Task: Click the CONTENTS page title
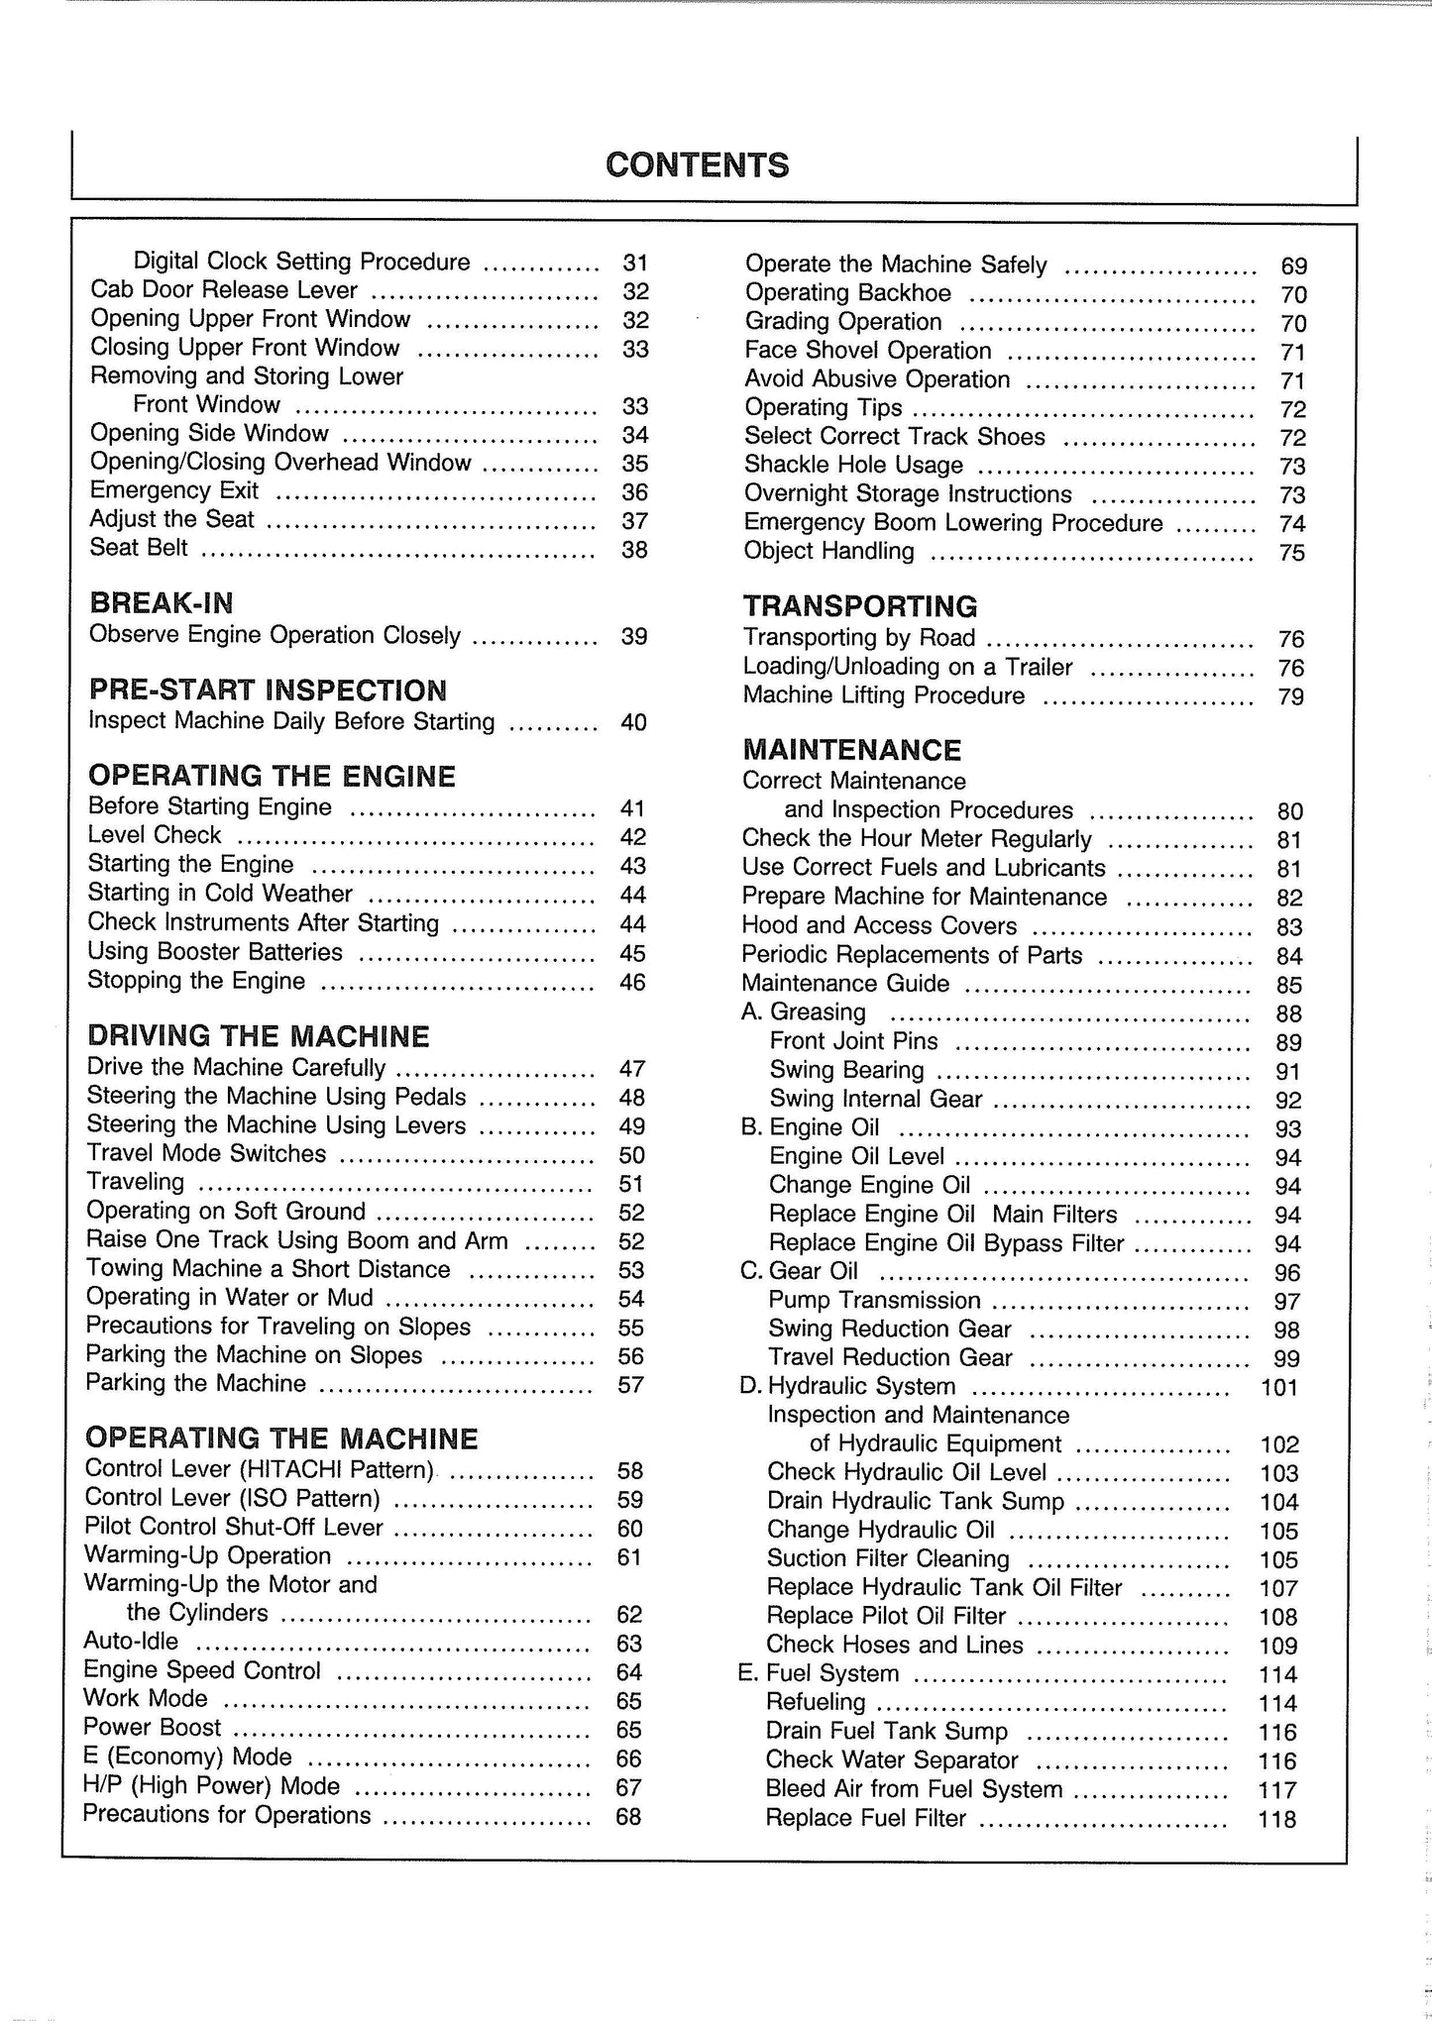tap(697, 164)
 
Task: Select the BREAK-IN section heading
tap(161, 602)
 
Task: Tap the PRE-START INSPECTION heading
tap(268, 690)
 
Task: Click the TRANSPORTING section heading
tap(860, 606)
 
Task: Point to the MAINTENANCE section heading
tap(853, 750)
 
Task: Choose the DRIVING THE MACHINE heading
tap(258, 1036)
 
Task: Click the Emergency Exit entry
tap(173, 490)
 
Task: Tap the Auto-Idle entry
tap(131, 1642)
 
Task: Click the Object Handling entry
tap(828, 551)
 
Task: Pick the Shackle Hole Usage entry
tap(853, 465)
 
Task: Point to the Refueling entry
tap(816, 1702)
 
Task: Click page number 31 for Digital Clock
tap(635, 263)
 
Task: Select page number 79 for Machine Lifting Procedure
tap(1291, 697)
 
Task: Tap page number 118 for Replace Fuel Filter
tap(1277, 1820)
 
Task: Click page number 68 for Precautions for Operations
tap(628, 1817)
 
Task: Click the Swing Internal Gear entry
tap(875, 1100)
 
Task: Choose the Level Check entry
tap(154, 835)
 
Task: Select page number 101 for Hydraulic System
tap(1278, 1387)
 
